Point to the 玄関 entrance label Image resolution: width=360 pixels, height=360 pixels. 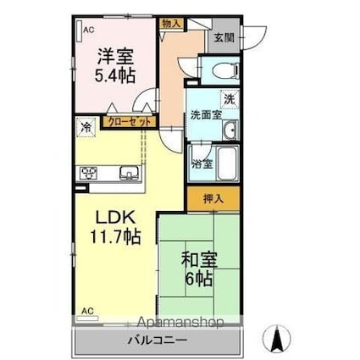pos(224,38)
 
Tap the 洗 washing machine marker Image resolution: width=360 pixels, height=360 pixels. pos(230,98)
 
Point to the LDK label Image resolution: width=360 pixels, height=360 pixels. pos(110,215)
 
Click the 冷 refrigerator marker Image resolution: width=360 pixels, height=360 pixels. pos(86,128)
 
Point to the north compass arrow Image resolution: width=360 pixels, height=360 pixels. pos(275,340)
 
